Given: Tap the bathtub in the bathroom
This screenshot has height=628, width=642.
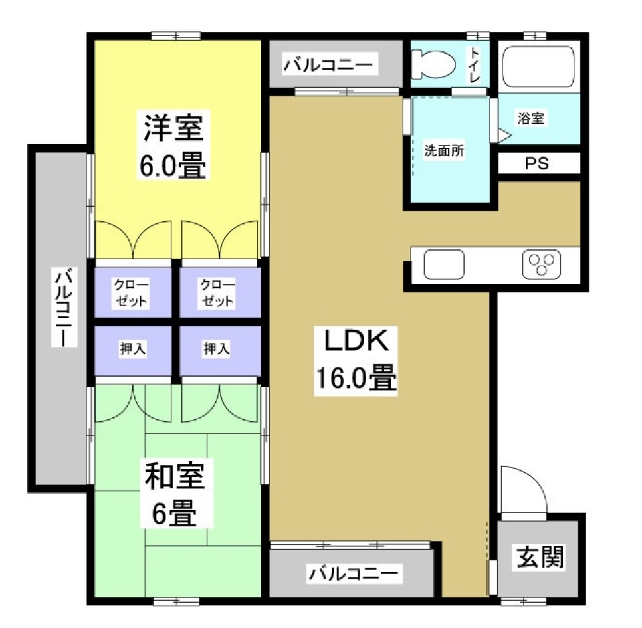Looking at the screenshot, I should [538, 66].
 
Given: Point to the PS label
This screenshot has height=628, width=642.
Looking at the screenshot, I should [536, 164].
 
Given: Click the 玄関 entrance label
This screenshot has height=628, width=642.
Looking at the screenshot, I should [540, 556].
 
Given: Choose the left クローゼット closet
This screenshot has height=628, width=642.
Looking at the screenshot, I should [132, 292].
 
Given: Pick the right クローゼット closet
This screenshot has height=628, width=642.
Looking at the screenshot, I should [218, 292].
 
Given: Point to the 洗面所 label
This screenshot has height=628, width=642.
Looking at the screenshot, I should [444, 151].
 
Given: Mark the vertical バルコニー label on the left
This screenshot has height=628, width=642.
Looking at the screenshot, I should [64, 308].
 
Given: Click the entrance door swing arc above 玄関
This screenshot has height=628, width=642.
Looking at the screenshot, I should [525, 488].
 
